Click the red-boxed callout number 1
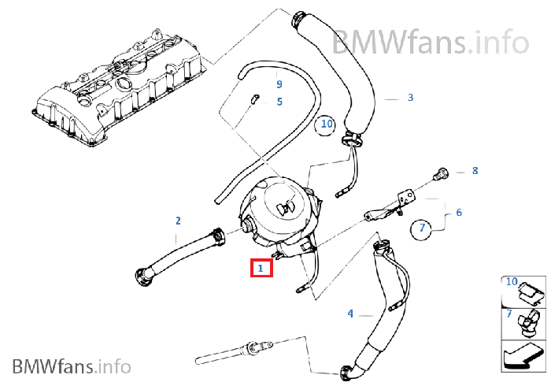(x=261, y=269)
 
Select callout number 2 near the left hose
(x=178, y=221)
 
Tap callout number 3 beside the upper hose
(x=410, y=98)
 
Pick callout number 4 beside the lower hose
(x=350, y=314)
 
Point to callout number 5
(x=279, y=102)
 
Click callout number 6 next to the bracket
(x=459, y=213)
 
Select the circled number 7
(x=422, y=229)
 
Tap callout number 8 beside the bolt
(x=475, y=171)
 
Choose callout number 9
(x=279, y=84)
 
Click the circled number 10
(x=326, y=124)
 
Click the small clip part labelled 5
(x=254, y=99)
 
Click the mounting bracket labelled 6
(x=390, y=207)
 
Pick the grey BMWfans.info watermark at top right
(x=431, y=43)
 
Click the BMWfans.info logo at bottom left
(x=72, y=366)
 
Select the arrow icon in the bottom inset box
(x=523, y=356)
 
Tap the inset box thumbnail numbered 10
(x=523, y=291)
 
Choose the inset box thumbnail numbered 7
(x=523, y=324)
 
